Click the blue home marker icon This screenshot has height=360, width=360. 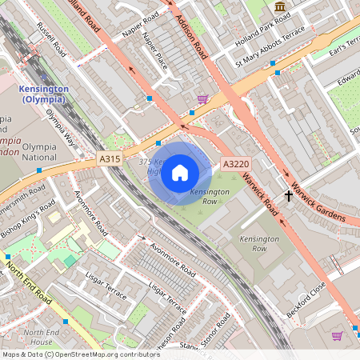point(180,172)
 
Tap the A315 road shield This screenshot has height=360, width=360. point(110,160)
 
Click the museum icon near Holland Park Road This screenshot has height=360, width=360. point(279,7)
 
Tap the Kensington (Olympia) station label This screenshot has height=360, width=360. point(46,93)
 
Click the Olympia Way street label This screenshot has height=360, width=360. point(61,126)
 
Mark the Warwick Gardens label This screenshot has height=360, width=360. point(318,203)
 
